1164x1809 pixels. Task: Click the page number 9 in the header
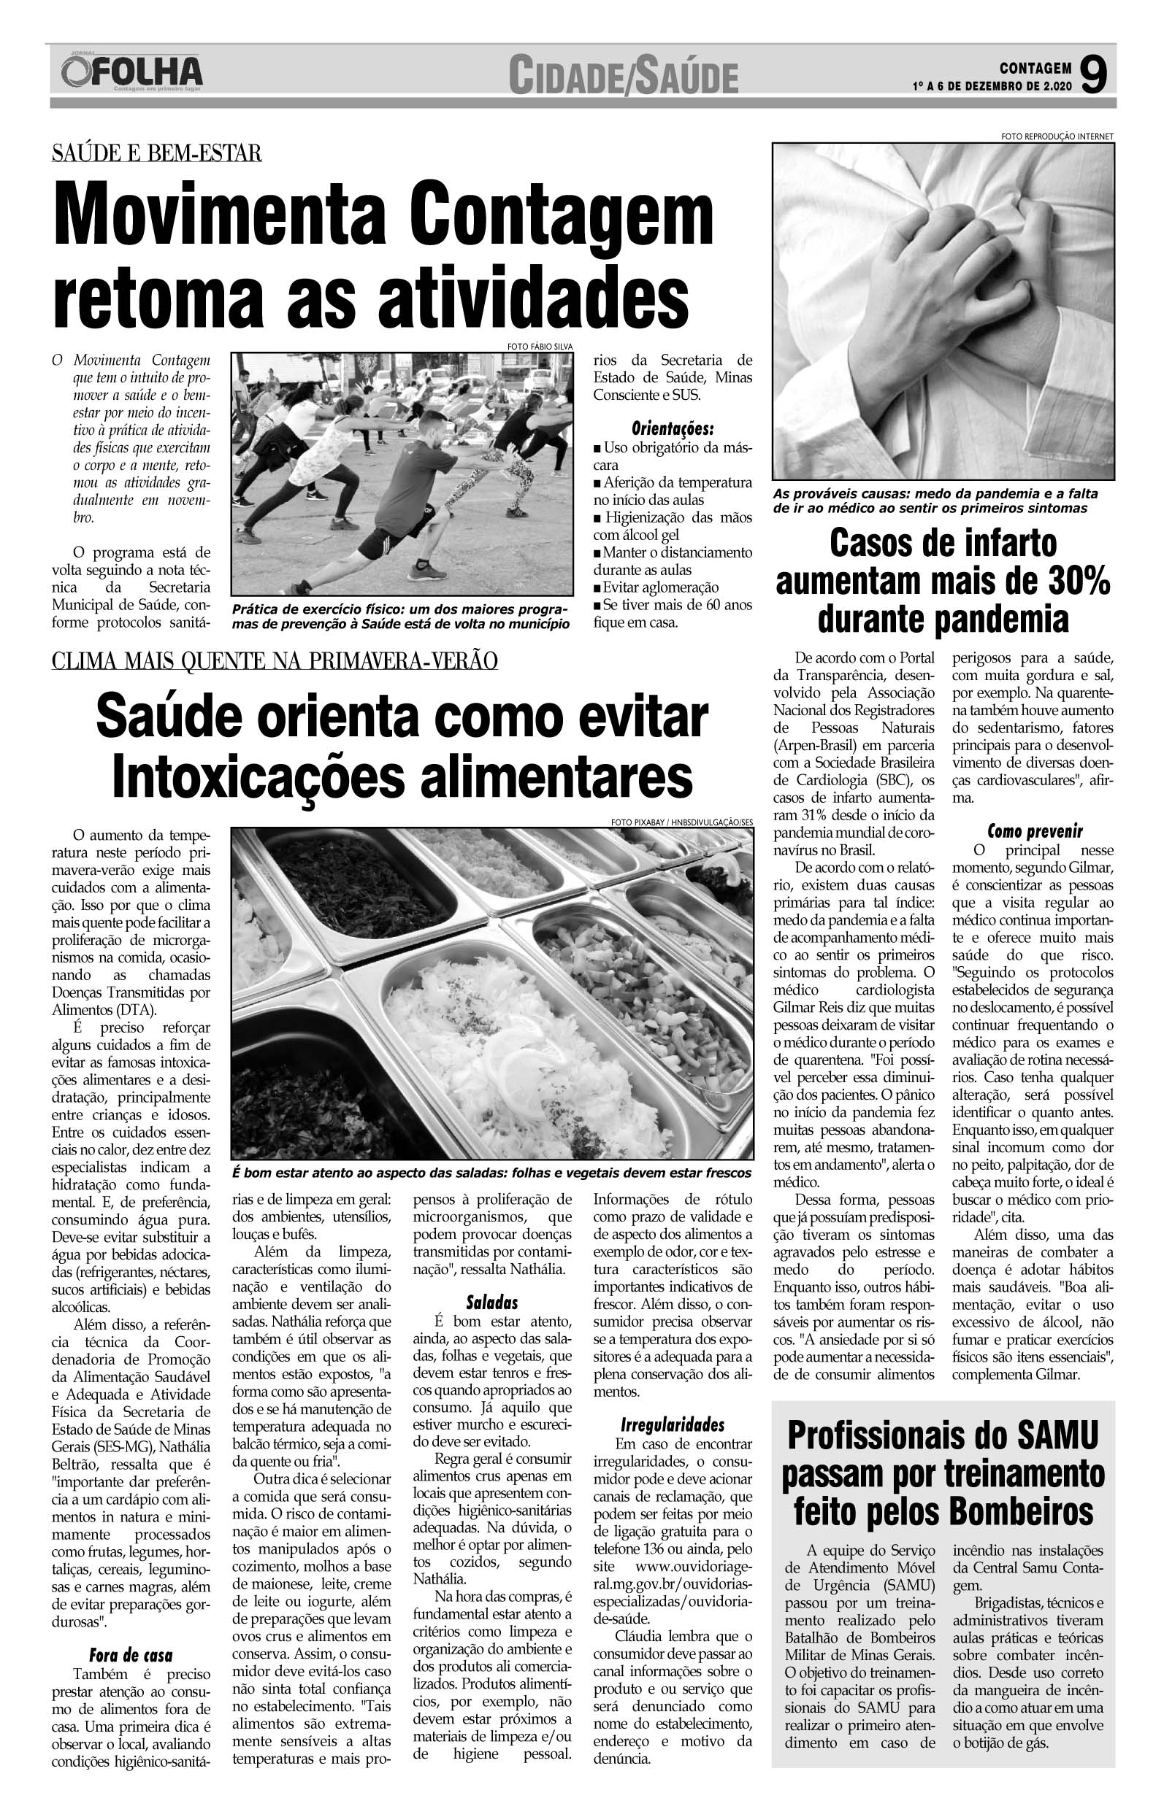(1094, 77)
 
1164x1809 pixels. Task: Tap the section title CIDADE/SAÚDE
(623, 78)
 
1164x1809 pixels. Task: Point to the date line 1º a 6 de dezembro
(992, 87)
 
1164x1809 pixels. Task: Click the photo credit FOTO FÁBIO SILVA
(540, 347)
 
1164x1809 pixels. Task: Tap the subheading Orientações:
(673, 429)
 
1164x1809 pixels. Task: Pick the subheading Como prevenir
(1035, 833)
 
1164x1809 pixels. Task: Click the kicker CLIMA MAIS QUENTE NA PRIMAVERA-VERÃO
(275, 662)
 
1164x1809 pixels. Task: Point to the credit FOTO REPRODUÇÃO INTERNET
(1057, 136)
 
